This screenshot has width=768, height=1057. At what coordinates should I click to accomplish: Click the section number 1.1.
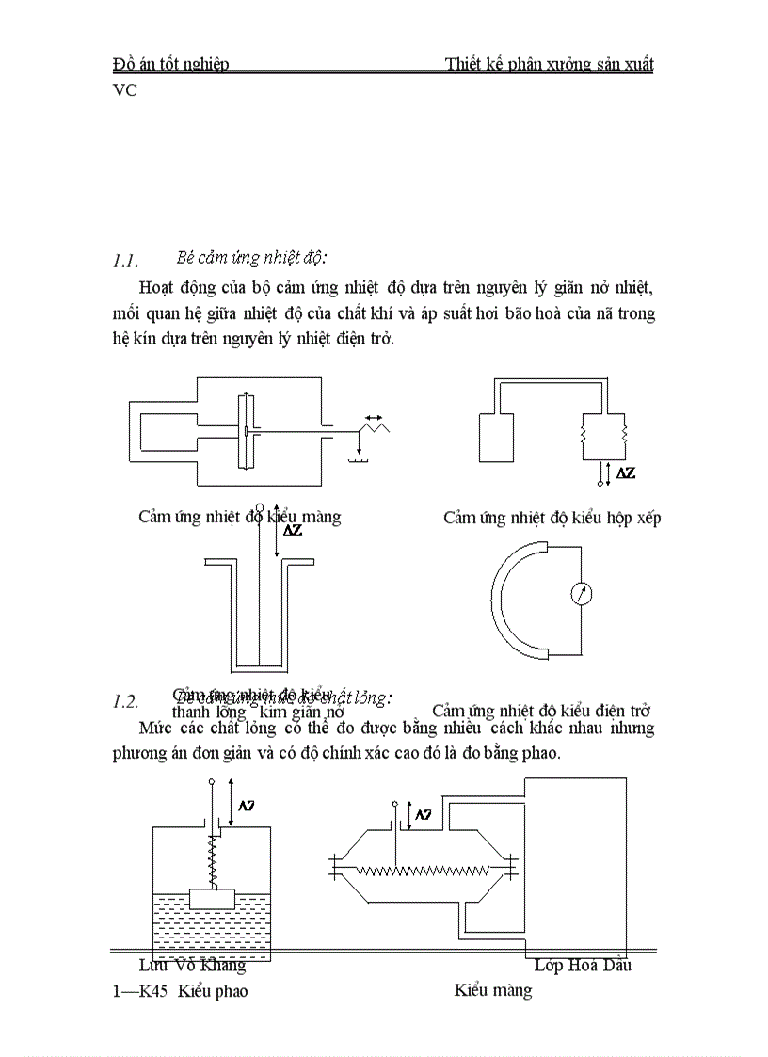coord(125,261)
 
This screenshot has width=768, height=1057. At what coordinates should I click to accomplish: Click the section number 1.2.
coord(125,701)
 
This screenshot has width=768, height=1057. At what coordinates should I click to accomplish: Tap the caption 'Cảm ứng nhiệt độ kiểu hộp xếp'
coord(552,519)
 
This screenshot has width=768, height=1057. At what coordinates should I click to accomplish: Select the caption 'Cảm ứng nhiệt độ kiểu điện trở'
coord(541,712)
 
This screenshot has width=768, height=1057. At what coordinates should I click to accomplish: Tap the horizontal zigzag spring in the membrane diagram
coord(424,871)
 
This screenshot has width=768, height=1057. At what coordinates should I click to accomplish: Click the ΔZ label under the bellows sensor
coord(624,472)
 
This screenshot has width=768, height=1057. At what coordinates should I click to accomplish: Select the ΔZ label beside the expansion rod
coord(293,530)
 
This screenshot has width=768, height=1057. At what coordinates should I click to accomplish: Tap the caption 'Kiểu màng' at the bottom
coord(492,990)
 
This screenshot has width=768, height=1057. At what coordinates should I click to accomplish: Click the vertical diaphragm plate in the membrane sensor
coord(245,431)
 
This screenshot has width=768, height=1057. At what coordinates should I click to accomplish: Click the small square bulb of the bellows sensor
coord(498,436)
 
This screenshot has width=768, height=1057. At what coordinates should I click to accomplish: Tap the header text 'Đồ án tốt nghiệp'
coord(170,64)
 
